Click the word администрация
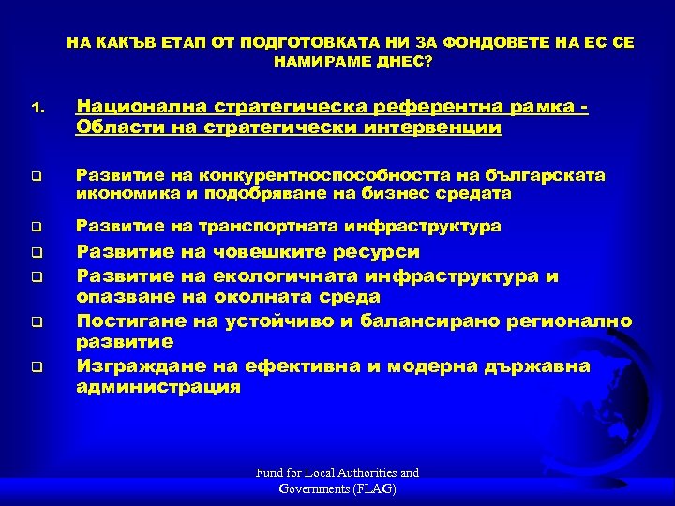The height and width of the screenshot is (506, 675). click(x=157, y=386)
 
